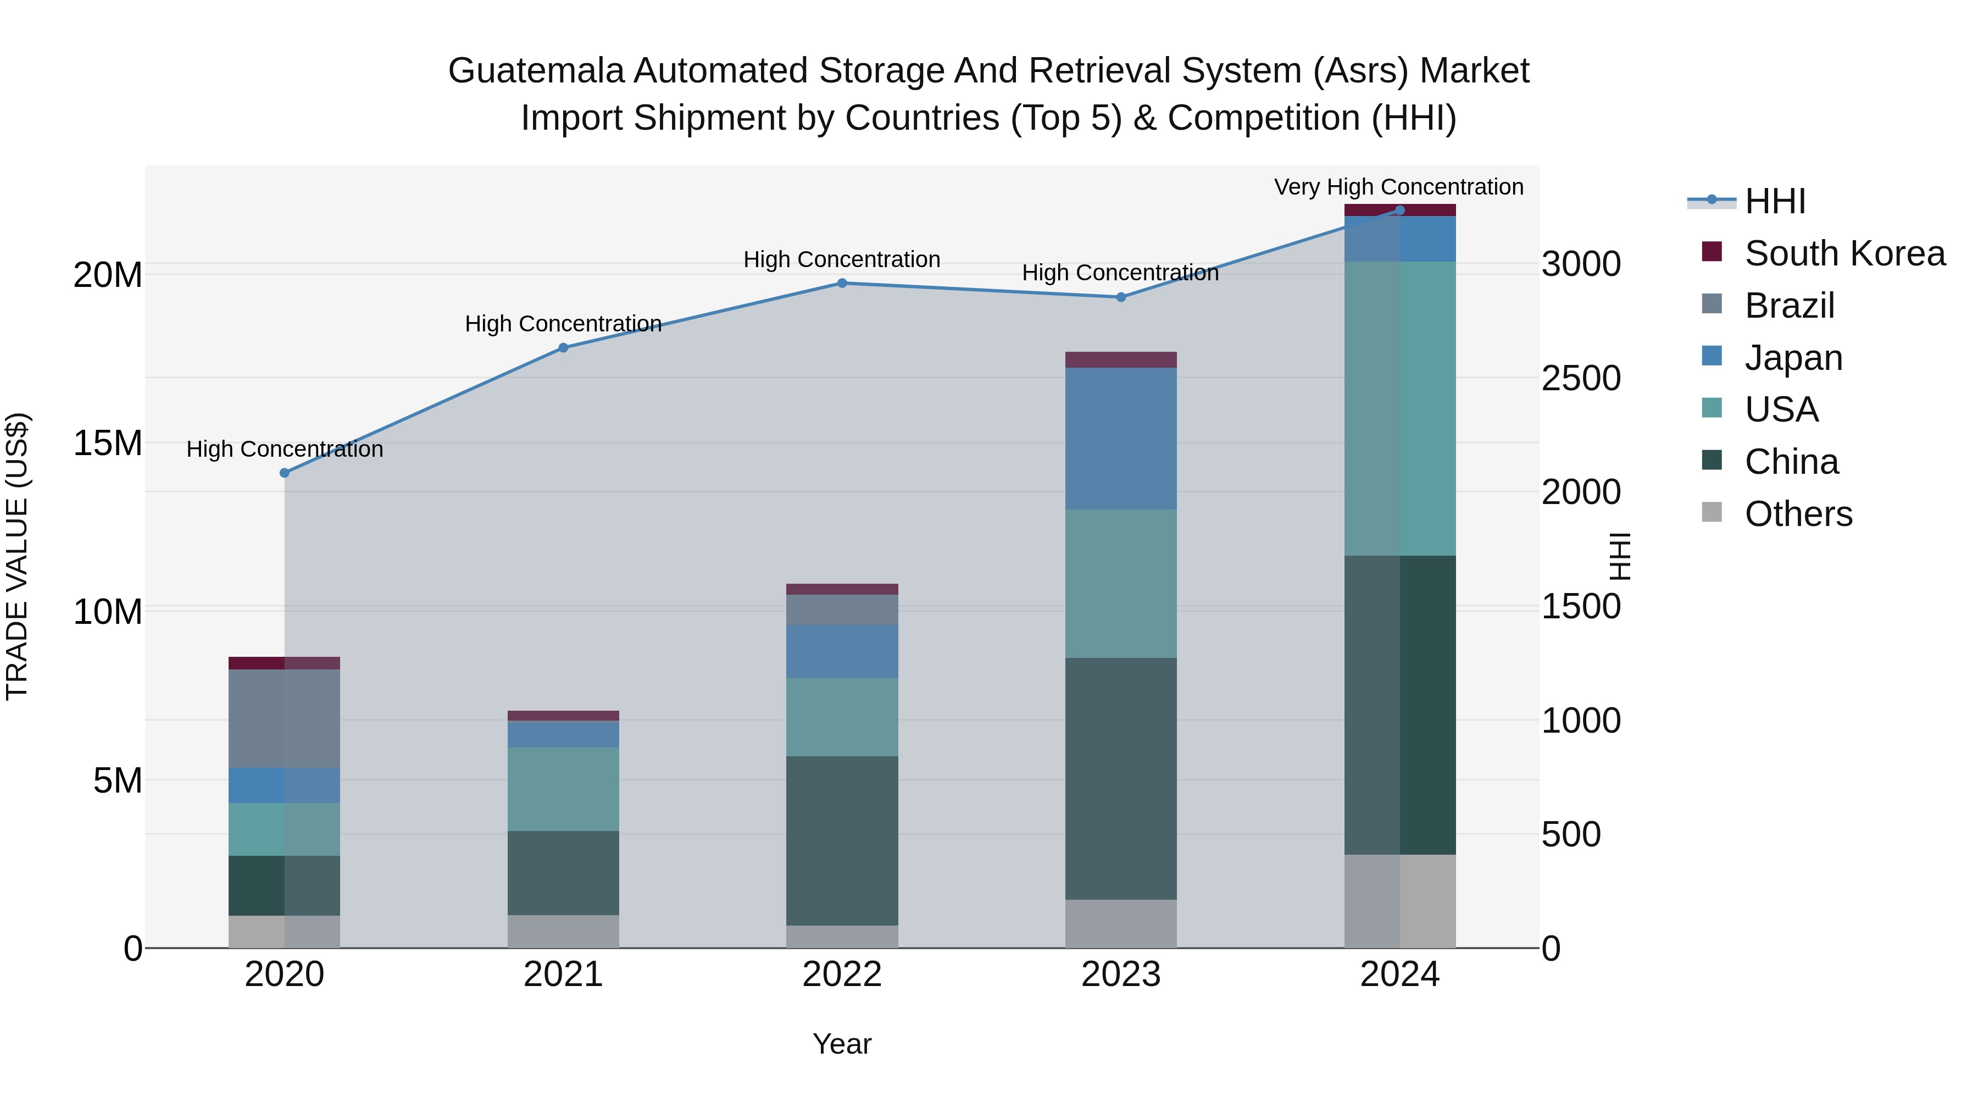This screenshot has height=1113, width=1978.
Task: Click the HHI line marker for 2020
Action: (284, 473)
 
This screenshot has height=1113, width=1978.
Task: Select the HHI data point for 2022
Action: (842, 284)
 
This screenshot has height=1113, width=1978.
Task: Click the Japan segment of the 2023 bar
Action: (1120, 439)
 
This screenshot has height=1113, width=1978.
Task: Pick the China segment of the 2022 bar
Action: (842, 840)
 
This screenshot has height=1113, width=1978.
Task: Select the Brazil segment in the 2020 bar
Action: (284, 718)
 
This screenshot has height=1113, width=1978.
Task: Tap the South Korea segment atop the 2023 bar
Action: (1120, 359)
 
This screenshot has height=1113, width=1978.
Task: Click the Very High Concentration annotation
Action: (1398, 187)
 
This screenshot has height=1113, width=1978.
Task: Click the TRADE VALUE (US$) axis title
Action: (17, 556)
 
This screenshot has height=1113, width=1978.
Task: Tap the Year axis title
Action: (842, 1044)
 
